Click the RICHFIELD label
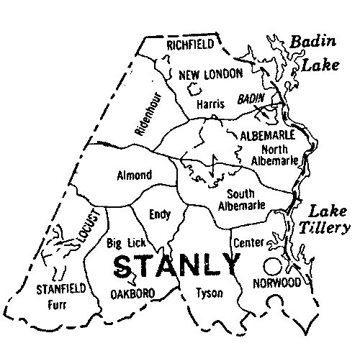pos(190,45)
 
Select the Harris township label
pos(211,104)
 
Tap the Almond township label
pos(134,175)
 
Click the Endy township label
pos(159,214)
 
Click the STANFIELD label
pos(60,289)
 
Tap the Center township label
pos(248,243)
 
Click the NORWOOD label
pos(276,283)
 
